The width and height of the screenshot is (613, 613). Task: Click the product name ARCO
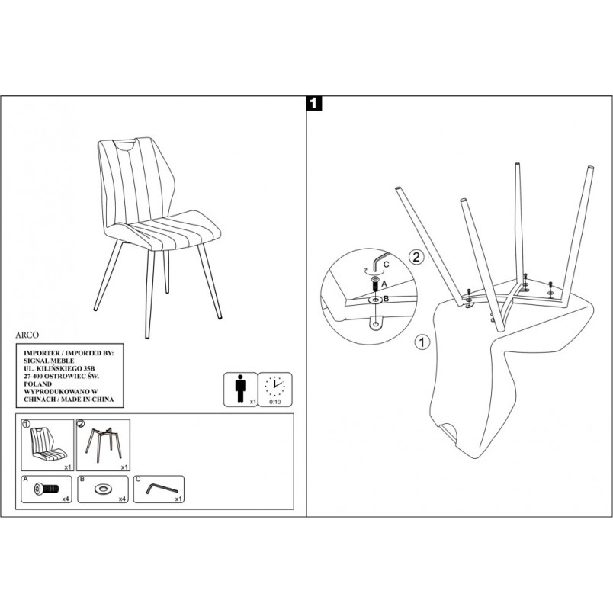tap(27, 335)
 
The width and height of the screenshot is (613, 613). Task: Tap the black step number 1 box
tap(315, 103)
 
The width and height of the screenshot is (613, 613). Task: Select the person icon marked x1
tap(240, 389)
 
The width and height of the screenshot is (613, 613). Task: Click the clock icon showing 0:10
tap(274, 386)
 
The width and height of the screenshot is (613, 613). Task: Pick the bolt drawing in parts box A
tap(47, 489)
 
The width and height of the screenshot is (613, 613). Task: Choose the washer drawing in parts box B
tap(103, 489)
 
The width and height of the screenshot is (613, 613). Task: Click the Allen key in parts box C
tap(162, 489)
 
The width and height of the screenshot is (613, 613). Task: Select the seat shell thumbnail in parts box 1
tap(48, 445)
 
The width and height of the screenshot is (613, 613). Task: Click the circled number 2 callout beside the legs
tap(416, 257)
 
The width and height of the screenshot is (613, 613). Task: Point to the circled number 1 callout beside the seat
tap(422, 342)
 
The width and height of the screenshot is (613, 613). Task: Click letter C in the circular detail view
tap(387, 265)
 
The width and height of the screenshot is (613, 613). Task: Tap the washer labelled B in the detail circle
tap(376, 300)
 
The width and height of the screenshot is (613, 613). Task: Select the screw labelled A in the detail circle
tap(375, 283)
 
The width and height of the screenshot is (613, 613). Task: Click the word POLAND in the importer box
tap(37, 384)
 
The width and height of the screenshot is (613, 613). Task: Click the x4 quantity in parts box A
tap(66, 499)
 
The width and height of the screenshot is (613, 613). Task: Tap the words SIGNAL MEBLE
tap(49, 361)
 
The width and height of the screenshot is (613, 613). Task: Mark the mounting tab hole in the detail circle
tap(377, 324)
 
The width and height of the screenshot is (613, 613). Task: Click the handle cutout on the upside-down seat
tap(449, 430)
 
